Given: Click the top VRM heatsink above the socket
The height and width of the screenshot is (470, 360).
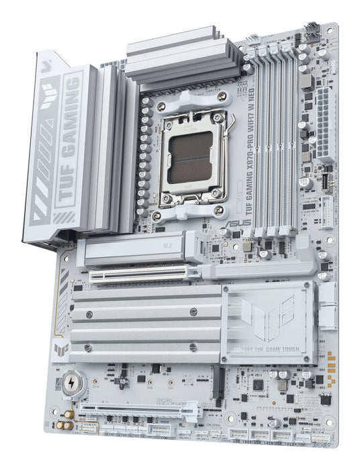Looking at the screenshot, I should tap(182, 57).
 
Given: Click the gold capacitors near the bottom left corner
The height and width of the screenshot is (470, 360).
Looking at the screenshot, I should tap(64, 424).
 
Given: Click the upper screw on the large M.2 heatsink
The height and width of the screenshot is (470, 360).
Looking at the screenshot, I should tap(193, 312).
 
